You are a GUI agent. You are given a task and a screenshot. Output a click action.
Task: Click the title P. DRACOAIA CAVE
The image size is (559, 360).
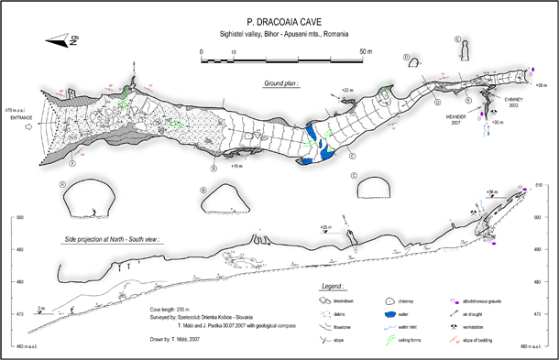pyautogui.click(x=279, y=18)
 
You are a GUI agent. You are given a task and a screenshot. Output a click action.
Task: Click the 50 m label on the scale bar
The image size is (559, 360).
pyautogui.click(x=365, y=50)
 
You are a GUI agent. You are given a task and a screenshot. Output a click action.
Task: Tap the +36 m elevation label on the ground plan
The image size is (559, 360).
pyautogui.click(x=540, y=84)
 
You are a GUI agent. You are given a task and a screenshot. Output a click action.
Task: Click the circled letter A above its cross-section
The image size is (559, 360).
pyautogui.click(x=63, y=183)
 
